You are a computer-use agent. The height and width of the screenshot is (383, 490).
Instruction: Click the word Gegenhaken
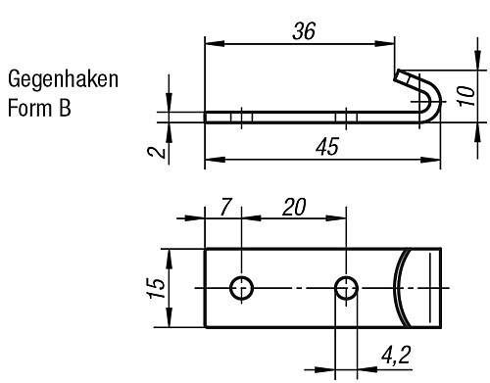(x=63, y=79)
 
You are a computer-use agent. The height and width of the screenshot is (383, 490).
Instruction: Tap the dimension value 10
(x=468, y=95)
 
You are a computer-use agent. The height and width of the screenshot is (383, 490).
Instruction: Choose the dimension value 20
(x=293, y=208)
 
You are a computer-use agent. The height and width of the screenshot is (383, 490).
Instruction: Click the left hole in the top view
(x=241, y=288)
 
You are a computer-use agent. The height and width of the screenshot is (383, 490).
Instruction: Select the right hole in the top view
(x=345, y=288)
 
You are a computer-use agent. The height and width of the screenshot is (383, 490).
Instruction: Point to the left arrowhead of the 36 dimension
(x=210, y=43)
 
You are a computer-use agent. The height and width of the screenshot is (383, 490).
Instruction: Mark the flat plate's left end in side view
(x=207, y=117)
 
